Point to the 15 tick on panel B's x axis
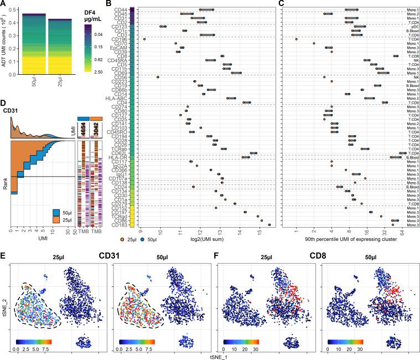[x=258, y=233]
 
